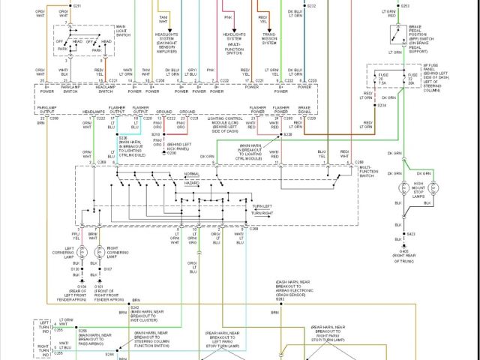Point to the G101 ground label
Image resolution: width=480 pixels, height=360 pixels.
click(98, 286)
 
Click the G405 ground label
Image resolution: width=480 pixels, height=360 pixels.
click(405, 250)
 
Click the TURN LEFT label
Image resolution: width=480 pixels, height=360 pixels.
click(262, 205)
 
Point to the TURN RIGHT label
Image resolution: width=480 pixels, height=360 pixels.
click(262, 214)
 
